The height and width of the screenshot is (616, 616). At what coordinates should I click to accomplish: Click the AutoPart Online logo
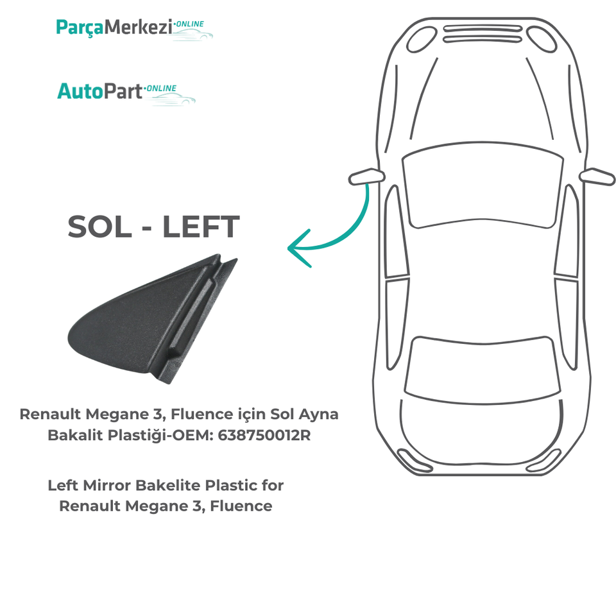click(x=125, y=91)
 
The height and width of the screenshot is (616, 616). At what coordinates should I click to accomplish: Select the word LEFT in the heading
click(x=201, y=227)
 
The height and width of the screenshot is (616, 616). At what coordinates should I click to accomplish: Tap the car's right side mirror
click(x=597, y=176)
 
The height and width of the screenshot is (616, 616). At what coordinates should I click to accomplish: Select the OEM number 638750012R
click(x=264, y=435)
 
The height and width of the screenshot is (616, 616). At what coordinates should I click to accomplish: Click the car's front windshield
click(x=483, y=186)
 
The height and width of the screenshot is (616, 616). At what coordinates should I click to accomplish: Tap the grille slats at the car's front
click(x=483, y=33)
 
